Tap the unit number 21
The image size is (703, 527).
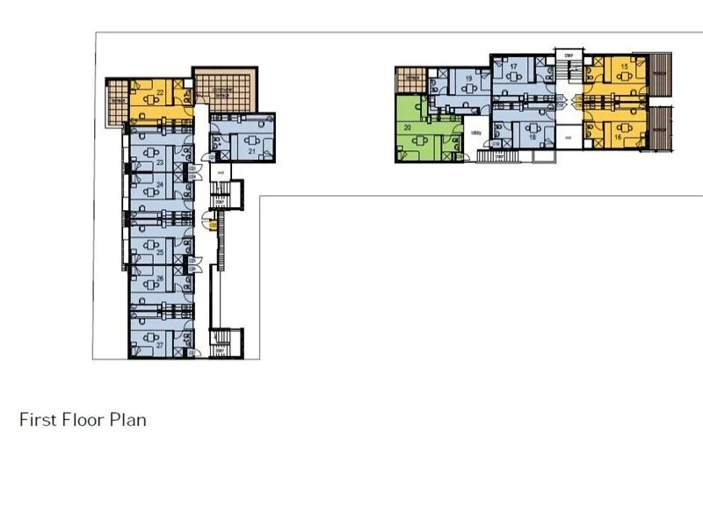coord(252,151)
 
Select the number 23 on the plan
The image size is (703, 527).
coord(161,162)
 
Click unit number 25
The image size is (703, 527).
coord(161,252)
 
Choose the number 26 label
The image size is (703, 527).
coord(161,279)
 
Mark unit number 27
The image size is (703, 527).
coord(161,346)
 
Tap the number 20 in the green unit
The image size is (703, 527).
coord(408,128)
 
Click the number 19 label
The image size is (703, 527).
coord(469,79)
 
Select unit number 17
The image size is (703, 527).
coord(513,66)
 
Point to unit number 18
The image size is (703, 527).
coord(532,137)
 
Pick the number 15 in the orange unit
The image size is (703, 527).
coord(623,66)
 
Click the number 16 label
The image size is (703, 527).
coord(619,138)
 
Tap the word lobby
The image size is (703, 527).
coord(477,134)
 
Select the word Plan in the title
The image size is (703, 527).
coord(127,420)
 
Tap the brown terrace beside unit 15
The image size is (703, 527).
coord(663,74)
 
